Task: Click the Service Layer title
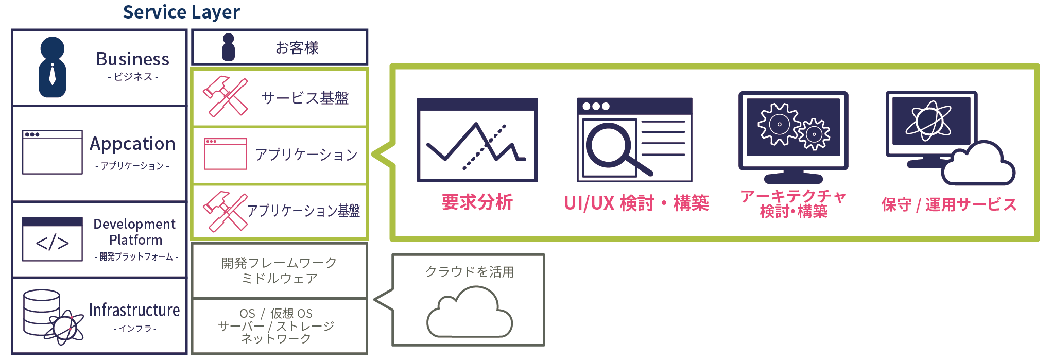click(181, 12)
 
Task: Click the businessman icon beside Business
click(52, 67)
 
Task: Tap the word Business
click(133, 59)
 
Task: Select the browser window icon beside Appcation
click(52, 152)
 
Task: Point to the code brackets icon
click(52, 240)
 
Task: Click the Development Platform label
click(135, 232)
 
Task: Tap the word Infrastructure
click(134, 310)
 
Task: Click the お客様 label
click(297, 48)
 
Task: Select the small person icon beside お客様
click(228, 47)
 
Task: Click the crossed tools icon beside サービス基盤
click(225, 97)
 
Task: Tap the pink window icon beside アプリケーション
click(225, 154)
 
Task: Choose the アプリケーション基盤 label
click(303, 211)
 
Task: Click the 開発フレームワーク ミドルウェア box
click(279, 270)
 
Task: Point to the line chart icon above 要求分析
click(477, 140)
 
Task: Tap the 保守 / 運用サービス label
click(948, 204)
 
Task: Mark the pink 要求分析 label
click(477, 202)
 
